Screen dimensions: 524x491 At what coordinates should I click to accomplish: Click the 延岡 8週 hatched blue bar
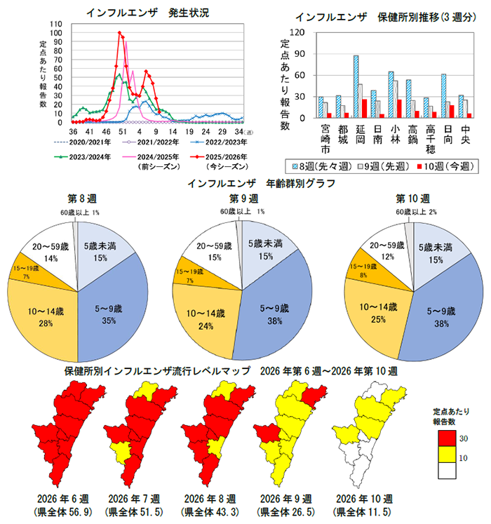click(x=356, y=86)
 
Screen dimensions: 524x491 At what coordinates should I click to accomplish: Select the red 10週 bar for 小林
click(x=399, y=109)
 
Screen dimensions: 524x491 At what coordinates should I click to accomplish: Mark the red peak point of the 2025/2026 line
click(x=120, y=32)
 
